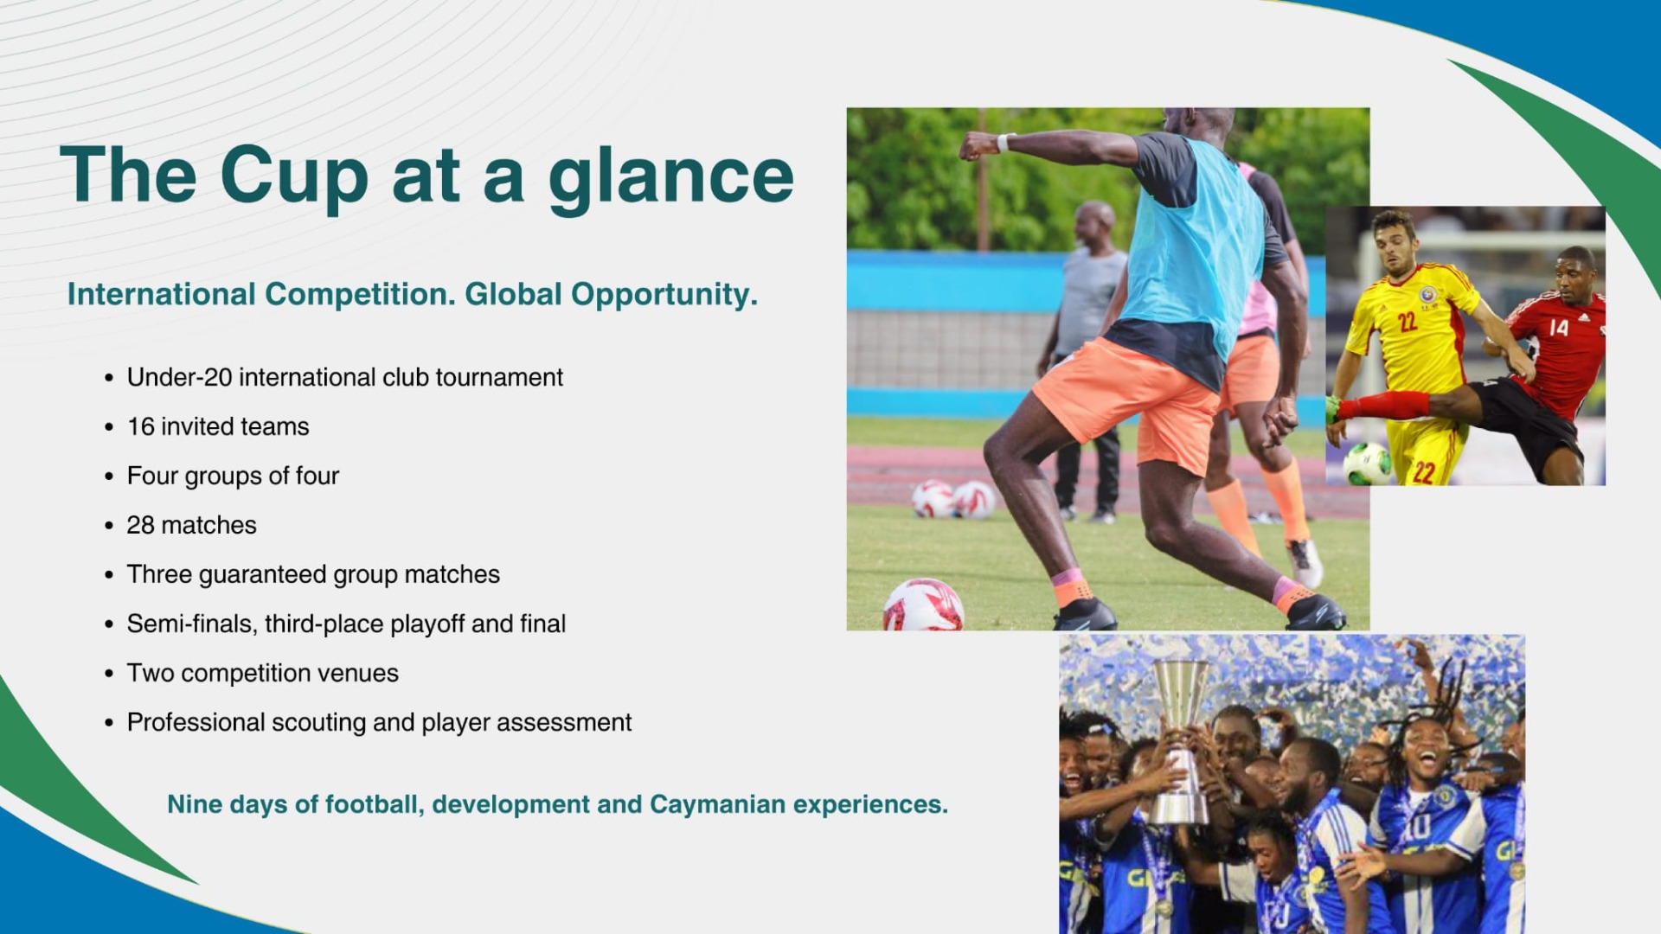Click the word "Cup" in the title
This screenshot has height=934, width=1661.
[x=294, y=177]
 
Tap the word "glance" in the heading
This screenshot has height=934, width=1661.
[x=671, y=177]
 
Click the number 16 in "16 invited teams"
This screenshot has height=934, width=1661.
[x=140, y=426]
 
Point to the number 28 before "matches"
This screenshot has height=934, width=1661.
[x=140, y=525]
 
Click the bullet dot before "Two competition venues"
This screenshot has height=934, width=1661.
[x=109, y=674]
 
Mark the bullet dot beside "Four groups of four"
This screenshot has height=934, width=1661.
[x=109, y=477]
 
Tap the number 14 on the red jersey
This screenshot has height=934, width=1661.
[x=1559, y=327]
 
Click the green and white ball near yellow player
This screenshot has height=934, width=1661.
[x=1367, y=464]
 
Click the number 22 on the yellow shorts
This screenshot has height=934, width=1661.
[x=1424, y=471]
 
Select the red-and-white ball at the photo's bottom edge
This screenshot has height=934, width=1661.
[x=923, y=605]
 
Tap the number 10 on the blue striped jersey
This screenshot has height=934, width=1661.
[x=1416, y=828]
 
